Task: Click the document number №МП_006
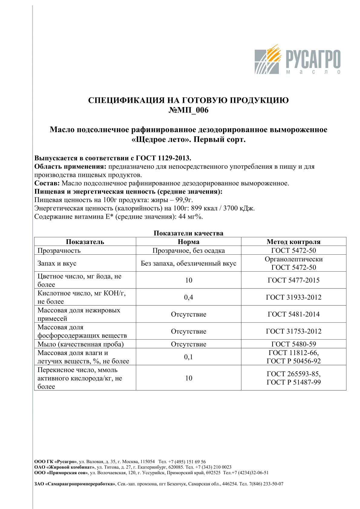pyautogui.click(x=188, y=110)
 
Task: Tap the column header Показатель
pyautogui.click(x=85, y=242)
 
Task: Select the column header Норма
pyautogui.click(x=188, y=242)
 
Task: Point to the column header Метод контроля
pyautogui.click(x=293, y=242)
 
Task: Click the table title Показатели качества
pyautogui.click(x=188, y=233)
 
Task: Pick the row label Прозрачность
pyautogui.click(x=59, y=250)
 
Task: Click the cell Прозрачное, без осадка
pyautogui.click(x=188, y=250)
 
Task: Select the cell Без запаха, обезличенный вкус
pyautogui.click(x=188, y=263)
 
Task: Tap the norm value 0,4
pyautogui.click(x=188, y=297)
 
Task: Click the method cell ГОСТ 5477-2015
pyautogui.click(x=293, y=280)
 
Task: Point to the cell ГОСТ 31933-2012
pyautogui.click(x=293, y=297)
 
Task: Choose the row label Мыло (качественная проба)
pyautogui.click(x=80, y=344)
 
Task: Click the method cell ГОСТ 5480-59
pyautogui.click(x=293, y=344)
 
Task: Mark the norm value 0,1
pyautogui.click(x=188, y=357)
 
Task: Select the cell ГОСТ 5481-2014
pyautogui.click(x=293, y=314)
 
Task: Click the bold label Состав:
pyautogui.click(x=47, y=183)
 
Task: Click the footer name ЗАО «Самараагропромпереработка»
pyautogui.click(x=75, y=484)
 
